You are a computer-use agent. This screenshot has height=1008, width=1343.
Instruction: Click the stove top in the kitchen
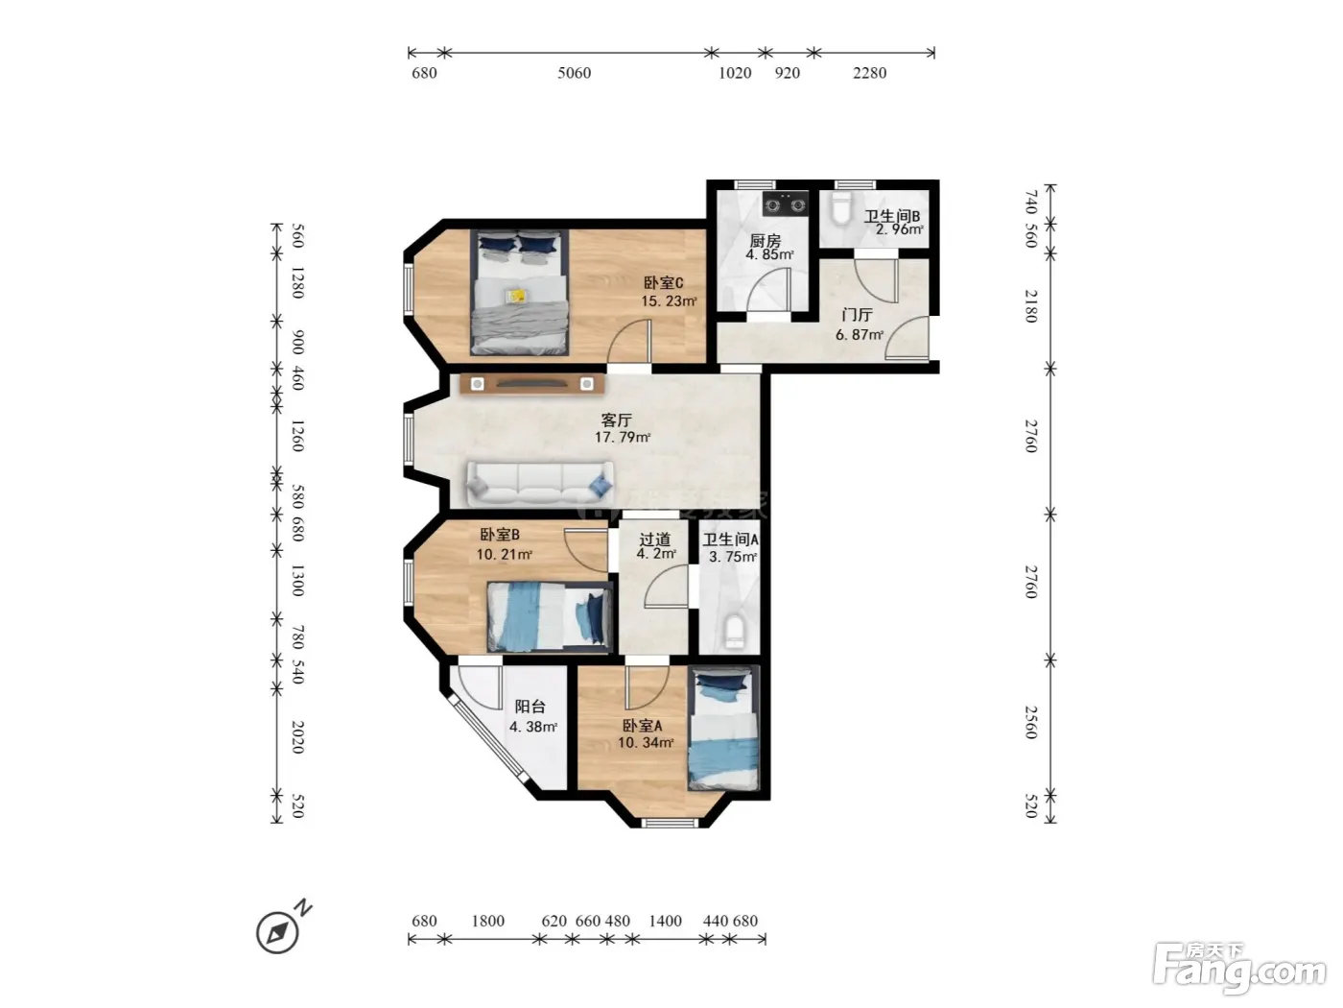[785, 204]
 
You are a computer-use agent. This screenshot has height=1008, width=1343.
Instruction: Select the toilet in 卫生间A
[734, 632]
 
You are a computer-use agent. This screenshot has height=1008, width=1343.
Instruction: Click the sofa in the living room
[540, 484]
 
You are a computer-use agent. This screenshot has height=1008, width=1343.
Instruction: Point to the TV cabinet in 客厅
[532, 384]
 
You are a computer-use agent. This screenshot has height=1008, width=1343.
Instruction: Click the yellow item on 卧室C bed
[516, 296]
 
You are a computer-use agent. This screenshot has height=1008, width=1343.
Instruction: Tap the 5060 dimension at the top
[574, 74]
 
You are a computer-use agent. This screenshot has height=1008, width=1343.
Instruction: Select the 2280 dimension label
[869, 74]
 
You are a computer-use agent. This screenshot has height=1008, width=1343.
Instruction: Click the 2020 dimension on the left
[297, 737]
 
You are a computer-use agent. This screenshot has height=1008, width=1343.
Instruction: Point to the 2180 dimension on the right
[1031, 306]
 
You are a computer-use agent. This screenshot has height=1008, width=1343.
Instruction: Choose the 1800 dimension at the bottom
[487, 921]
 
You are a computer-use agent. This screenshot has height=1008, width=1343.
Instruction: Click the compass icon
[278, 933]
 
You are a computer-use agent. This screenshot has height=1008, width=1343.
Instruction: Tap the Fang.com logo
[1239, 969]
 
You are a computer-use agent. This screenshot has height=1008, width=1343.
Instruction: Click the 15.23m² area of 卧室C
[669, 301]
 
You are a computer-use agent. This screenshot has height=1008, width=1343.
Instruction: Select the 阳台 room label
[530, 707]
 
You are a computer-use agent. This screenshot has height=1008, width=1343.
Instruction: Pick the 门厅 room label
[857, 315]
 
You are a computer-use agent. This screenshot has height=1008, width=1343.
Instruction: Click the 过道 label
[654, 540]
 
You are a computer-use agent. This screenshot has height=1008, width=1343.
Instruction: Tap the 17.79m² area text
[623, 437]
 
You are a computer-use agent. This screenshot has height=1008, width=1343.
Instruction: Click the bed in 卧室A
[723, 729]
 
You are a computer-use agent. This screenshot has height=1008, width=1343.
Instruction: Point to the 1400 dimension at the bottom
[665, 921]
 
